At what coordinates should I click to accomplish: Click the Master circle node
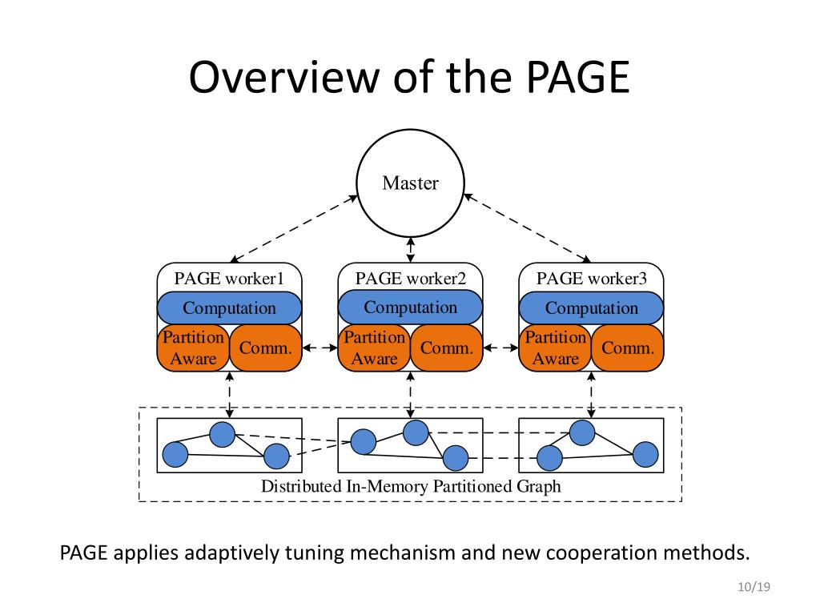tap(411, 183)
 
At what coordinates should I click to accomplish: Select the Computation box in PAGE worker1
tap(230, 308)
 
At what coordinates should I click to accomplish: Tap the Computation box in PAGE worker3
tap(592, 308)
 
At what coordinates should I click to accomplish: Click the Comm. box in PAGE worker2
tap(447, 348)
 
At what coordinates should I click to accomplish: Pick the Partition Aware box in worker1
tap(194, 348)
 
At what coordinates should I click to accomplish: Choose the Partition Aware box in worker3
tap(556, 348)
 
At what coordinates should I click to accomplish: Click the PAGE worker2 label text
tap(411, 278)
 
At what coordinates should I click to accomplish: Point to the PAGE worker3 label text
tap(592, 278)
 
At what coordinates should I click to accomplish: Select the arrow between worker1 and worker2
tap(320, 348)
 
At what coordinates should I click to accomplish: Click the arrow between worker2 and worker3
tap(501, 348)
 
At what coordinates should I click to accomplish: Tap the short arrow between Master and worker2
tap(411, 250)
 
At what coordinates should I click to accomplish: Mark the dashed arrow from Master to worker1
tap(294, 228)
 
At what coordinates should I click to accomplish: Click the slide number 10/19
tap(754, 587)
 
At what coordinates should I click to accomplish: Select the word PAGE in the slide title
tap(578, 77)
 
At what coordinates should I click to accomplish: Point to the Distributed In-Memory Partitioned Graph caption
tap(411, 486)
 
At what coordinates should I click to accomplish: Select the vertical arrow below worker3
tap(592, 395)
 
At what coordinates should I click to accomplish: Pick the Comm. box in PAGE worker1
tap(266, 348)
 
